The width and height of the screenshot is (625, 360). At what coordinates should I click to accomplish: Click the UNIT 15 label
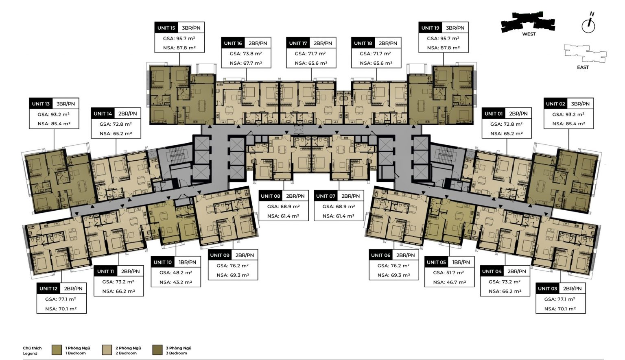166,28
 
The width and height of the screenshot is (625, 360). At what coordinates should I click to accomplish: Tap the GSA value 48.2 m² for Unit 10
176,273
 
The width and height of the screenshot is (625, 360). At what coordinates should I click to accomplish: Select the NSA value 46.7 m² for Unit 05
450,282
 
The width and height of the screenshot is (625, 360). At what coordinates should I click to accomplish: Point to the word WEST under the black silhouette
529,34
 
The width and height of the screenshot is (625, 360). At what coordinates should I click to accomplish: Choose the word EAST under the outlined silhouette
583,67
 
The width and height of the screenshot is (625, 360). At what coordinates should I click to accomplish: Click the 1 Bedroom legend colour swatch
57,350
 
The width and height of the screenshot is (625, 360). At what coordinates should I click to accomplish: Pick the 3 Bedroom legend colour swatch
157,350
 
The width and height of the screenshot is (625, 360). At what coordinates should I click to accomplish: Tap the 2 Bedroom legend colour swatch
107,350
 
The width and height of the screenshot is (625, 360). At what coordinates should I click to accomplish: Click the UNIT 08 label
270,196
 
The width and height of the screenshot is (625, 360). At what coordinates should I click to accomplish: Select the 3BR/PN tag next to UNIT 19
455,28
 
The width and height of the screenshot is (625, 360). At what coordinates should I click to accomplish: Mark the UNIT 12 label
48,288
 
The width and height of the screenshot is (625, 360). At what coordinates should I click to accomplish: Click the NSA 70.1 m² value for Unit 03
560,309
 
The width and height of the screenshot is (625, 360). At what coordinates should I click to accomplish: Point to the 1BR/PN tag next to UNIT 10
188,262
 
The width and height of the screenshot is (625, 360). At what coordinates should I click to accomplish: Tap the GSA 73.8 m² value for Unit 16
246,54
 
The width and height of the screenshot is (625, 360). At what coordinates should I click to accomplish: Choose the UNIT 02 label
555,104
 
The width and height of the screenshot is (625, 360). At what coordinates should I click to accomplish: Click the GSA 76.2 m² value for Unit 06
393,266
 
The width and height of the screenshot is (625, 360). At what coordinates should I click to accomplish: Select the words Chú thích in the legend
33,348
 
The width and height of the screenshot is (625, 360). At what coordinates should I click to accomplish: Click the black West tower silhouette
528,21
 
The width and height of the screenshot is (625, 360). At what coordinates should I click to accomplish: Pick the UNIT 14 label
103,113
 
